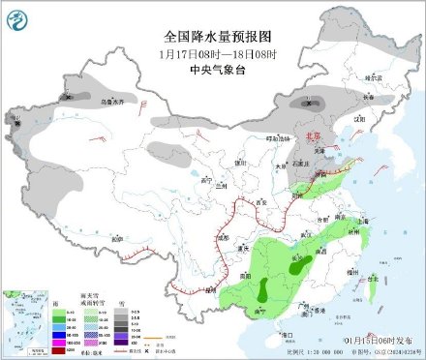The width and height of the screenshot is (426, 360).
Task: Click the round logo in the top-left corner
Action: pos(16,16)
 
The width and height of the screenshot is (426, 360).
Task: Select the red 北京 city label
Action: pos(308,138)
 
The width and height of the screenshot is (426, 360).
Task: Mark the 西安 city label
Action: pos(259,201)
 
